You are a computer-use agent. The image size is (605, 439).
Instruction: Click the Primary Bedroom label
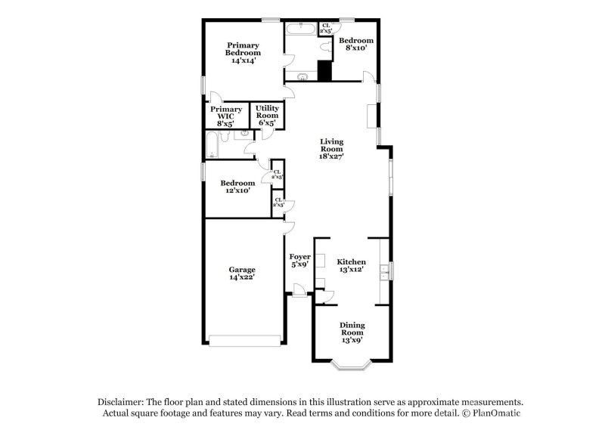[x=243, y=52]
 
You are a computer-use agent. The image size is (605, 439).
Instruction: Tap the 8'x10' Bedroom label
[x=355, y=44]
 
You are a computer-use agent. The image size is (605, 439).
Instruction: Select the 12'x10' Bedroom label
[x=237, y=187]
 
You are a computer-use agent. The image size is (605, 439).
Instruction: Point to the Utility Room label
[x=267, y=116]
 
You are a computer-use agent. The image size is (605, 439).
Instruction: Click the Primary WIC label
[x=225, y=116]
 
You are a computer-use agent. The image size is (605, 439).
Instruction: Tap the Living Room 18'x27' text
[x=331, y=149]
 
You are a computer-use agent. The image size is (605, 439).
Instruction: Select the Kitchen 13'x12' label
[x=351, y=265]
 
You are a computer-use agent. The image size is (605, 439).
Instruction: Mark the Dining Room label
[x=352, y=332]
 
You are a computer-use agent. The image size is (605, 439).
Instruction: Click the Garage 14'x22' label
[x=242, y=274]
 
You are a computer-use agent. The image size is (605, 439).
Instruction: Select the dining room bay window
[x=352, y=366]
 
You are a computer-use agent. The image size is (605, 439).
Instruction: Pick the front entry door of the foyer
[x=299, y=289]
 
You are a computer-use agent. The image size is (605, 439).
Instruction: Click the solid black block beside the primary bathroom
[x=324, y=70]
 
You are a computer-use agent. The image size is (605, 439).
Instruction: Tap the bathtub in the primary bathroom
[x=301, y=30]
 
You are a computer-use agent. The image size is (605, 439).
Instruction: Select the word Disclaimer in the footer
[x=119, y=403]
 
